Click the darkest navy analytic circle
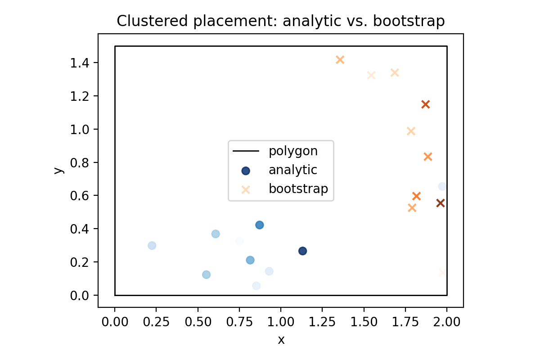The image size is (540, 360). [x=302, y=251]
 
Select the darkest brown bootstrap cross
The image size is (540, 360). [x=441, y=203]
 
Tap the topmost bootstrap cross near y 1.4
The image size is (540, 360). [x=340, y=60]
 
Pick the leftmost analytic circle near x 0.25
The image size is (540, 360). [x=152, y=245]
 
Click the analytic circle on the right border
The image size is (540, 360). [x=442, y=186]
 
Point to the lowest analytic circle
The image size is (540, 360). [x=256, y=286]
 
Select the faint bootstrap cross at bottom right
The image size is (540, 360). [x=443, y=272]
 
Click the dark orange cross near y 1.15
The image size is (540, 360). [x=425, y=104]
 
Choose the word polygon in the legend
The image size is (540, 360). [x=293, y=151]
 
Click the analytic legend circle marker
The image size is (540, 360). [x=246, y=171]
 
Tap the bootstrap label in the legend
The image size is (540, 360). [x=298, y=189]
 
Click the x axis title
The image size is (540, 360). [x=281, y=340]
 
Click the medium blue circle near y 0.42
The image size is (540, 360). [x=259, y=225]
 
